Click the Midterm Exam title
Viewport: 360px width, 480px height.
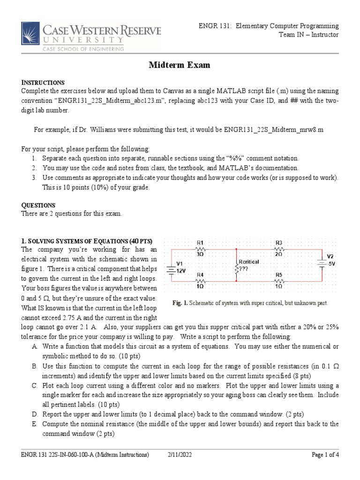[x=180, y=65]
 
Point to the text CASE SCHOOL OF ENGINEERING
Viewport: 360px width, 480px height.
[x=84, y=48]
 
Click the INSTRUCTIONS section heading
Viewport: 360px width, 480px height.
[x=43, y=82]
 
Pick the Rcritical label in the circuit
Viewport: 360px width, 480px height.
[x=249, y=262]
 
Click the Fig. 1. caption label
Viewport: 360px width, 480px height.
[x=180, y=303]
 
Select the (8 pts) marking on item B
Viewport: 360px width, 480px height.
[x=296, y=375]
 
